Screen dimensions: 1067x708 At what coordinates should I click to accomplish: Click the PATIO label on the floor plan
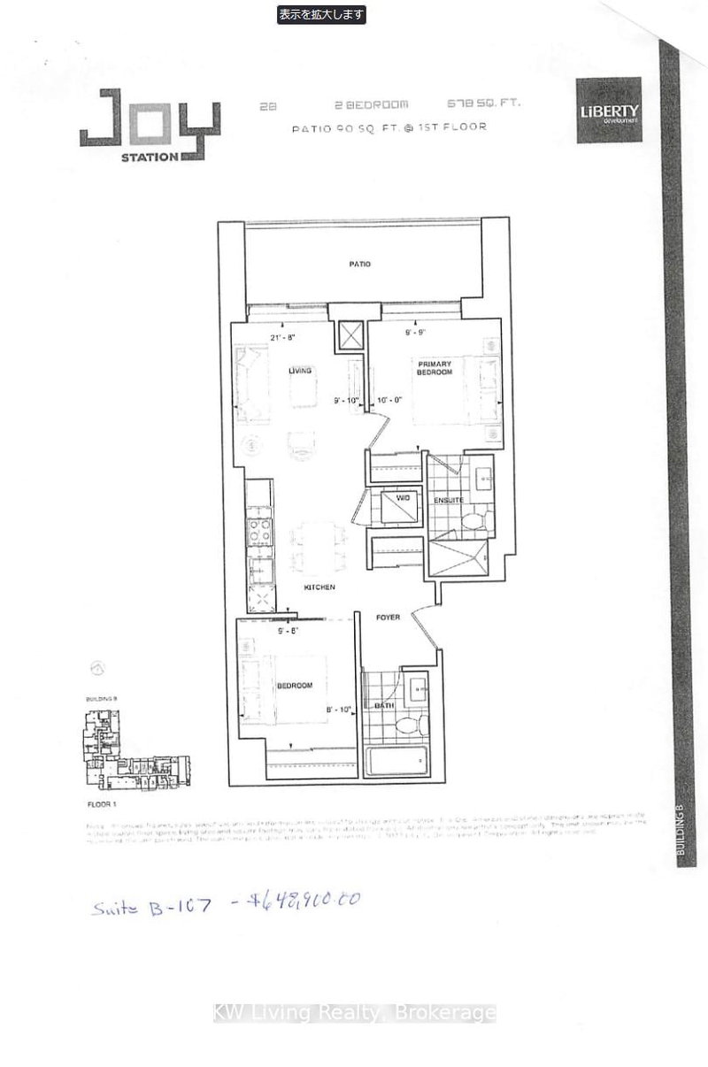click(x=359, y=264)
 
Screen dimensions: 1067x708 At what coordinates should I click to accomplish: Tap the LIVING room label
click(x=300, y=372)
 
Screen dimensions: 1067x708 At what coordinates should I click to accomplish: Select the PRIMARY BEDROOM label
click(x=435, y=367)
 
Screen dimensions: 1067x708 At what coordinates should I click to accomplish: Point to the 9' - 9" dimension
click(x=416, y=334)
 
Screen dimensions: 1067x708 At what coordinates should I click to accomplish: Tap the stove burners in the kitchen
click(x=261, y=529)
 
